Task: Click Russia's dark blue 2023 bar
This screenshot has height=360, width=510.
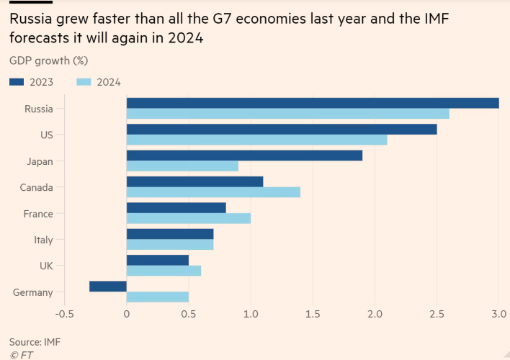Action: [313, 103]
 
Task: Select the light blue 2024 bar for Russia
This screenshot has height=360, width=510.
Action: [287, 114]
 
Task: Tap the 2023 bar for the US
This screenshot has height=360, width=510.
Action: [282, 129]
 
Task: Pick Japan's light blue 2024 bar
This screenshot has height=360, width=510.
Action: [182, 166]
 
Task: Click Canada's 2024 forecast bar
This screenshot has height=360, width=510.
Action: [213, 192]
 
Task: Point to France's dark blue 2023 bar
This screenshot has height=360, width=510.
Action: [176, 208]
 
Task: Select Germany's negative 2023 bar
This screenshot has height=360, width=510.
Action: [108, 286]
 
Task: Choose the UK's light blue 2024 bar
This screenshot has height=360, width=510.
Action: [164, 271]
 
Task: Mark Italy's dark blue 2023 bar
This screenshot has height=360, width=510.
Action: [169, 234]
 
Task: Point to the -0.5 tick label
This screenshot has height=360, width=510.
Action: [64, 315]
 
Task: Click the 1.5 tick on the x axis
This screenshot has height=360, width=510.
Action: [313, 315]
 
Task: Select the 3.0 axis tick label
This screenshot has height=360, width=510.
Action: [499, 315]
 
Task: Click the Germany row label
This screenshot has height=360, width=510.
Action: [33, 292]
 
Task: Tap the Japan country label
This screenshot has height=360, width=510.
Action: [39, 161]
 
